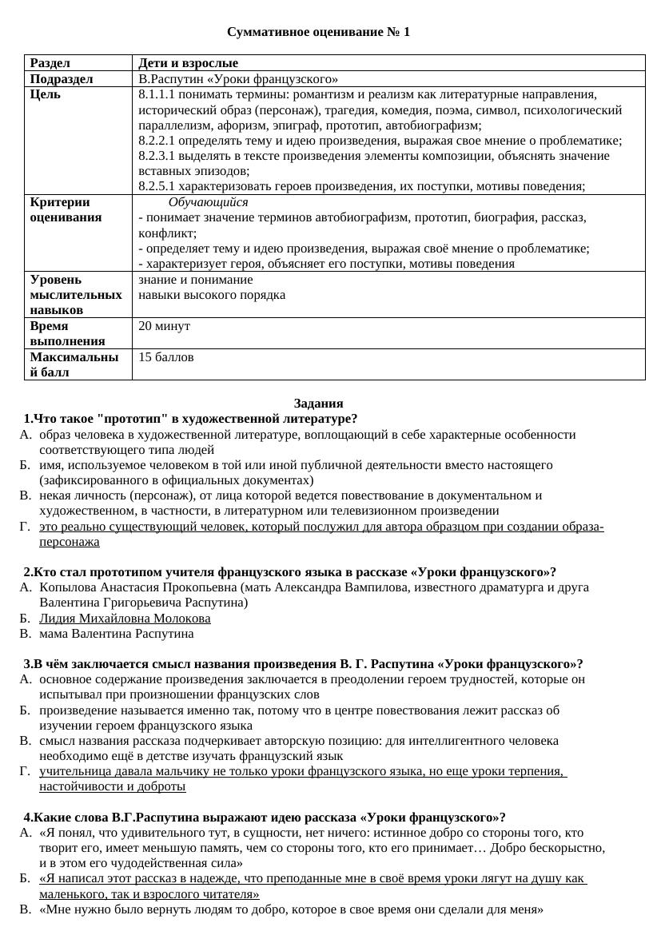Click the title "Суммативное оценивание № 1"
[318, 32]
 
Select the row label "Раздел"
[50, 63]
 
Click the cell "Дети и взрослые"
[188, 63]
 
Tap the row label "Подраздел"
[62, 79]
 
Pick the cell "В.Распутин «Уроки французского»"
[238, 79]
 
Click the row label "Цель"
[45, 94]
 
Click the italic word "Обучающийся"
[208, 202]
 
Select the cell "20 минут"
[164, 326]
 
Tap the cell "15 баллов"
[165, 357]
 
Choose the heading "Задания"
[318, 404]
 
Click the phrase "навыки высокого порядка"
[212, 295]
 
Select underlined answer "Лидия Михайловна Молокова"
[125, 619]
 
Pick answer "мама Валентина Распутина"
[116, 634]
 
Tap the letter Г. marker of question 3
[25, 771]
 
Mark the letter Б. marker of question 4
[25, 878]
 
